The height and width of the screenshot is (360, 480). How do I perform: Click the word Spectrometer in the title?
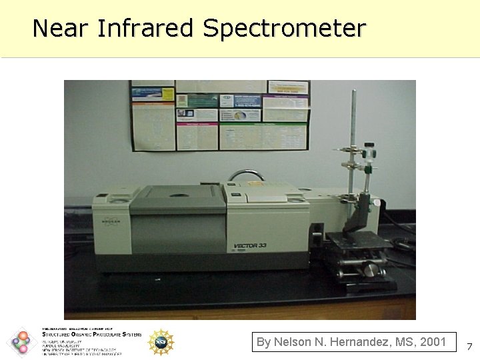tap(285, 29)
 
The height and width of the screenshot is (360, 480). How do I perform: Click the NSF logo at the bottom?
tap(161, 342)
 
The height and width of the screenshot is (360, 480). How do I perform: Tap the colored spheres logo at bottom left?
tap(22, 342)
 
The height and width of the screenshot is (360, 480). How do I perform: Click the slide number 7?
tap(469, 347)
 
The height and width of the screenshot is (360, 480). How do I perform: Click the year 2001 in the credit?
tap(434, 342)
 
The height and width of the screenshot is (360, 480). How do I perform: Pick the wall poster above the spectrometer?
tap(221, 115)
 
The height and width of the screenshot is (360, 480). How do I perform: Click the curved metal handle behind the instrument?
tap(246, 175)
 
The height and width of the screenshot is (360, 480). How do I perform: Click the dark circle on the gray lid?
tap(179, 195)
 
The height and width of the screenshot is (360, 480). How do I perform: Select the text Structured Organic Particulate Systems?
tap(92, 335)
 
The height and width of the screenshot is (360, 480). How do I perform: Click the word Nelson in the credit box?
tap(291, 342)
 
